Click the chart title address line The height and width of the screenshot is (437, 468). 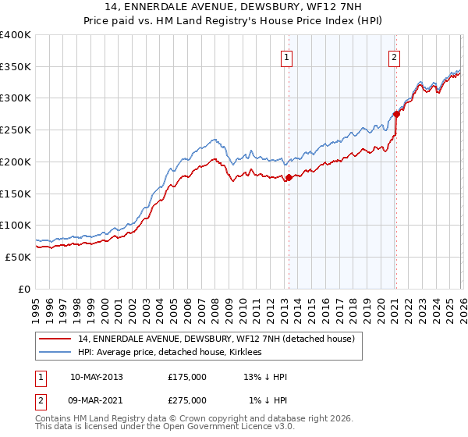(234, 9)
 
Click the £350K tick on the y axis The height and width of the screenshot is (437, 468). (16, 67)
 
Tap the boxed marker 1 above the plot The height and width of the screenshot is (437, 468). (288, 57)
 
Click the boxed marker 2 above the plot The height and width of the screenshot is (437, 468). (395, 57)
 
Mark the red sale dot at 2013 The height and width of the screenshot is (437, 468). (289, 178)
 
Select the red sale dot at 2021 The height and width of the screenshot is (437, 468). (396, 114)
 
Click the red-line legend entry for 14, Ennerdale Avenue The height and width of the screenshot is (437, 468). (217, 339)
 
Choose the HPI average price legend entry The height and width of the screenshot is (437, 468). (170, 352)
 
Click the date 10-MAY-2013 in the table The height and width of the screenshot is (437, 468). (97, 377)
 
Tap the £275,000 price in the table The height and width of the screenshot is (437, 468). (187, 400)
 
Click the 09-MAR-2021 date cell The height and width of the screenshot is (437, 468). (97, 400)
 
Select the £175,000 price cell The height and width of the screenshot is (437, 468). (187, 377)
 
